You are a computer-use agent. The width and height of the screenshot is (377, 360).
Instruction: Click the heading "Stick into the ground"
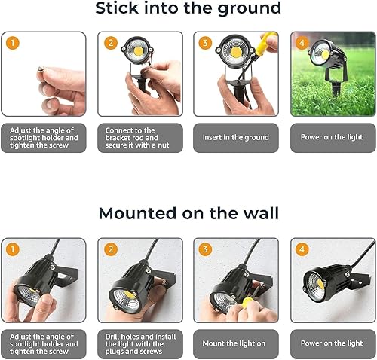coord(188,10)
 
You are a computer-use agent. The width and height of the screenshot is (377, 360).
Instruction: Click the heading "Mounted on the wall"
coord(188,214)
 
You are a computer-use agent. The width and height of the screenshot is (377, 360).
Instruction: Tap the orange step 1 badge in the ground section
coord(11,43)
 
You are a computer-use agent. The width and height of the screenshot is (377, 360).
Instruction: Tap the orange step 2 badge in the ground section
coord(110,43)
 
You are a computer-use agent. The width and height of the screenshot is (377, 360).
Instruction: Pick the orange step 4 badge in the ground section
coord(302,43)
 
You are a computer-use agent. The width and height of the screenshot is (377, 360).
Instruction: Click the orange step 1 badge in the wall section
coord(11,249)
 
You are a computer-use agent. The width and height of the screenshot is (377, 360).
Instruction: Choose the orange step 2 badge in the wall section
coord(110,249)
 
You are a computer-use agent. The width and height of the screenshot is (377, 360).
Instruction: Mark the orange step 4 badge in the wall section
coord(302,249)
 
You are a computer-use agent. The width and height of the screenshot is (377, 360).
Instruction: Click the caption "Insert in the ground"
coord(235,138)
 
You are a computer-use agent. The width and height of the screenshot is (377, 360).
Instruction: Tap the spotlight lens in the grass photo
coord(323,55)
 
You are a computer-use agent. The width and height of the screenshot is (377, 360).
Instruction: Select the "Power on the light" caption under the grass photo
coord(333,138)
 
